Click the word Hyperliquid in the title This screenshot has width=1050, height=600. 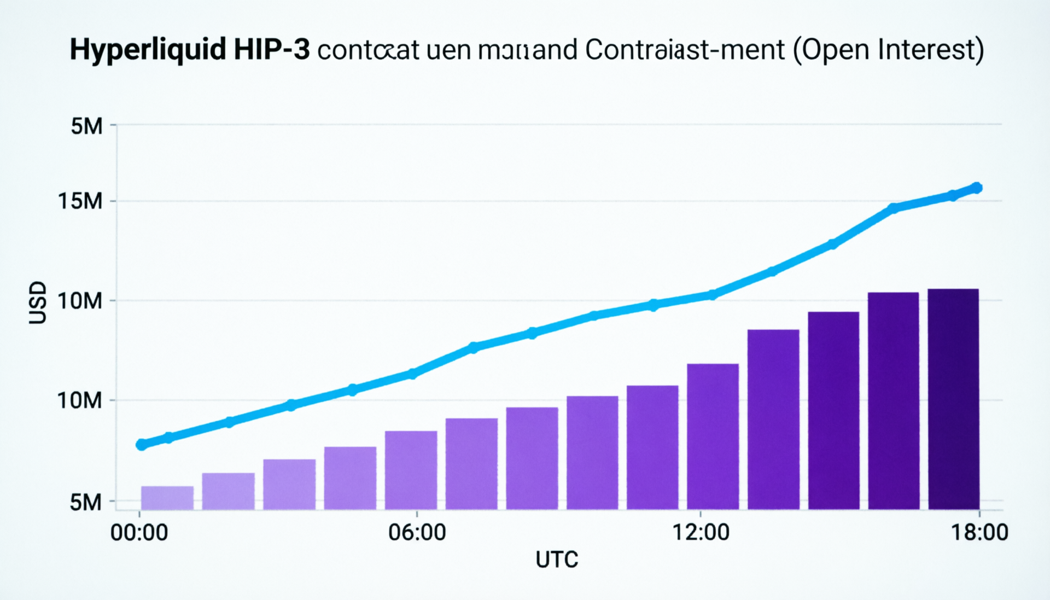click(x=148, y=50)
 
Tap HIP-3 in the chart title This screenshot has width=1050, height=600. click(x=271, y=50)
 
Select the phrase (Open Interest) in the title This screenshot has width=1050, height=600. click(x=888, y=50)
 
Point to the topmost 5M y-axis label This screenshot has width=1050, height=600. click(x=86, y=126)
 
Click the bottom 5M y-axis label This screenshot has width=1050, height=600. click(x=86, y=502)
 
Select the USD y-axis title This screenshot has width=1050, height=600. click(x=38, y=302)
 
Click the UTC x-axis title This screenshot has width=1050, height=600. click(x=557, y=560)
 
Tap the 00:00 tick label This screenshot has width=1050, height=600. click(x=139, y=532)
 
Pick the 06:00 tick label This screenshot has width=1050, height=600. click(x=417, y=532)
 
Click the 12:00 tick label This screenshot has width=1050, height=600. click(x=701, y=532)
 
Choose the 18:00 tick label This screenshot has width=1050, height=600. click(x=979, y=532)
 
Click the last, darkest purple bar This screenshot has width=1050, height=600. click(x=953, y=399)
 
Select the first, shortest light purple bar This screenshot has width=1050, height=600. click(x=167, y=498)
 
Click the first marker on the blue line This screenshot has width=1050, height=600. click(x=142, y=445)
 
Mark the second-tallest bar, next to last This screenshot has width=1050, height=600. click(x=893, y=401)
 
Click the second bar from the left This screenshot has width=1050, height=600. click(x=228, y=491)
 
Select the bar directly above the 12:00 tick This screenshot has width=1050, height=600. click(x=713, y=436)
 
